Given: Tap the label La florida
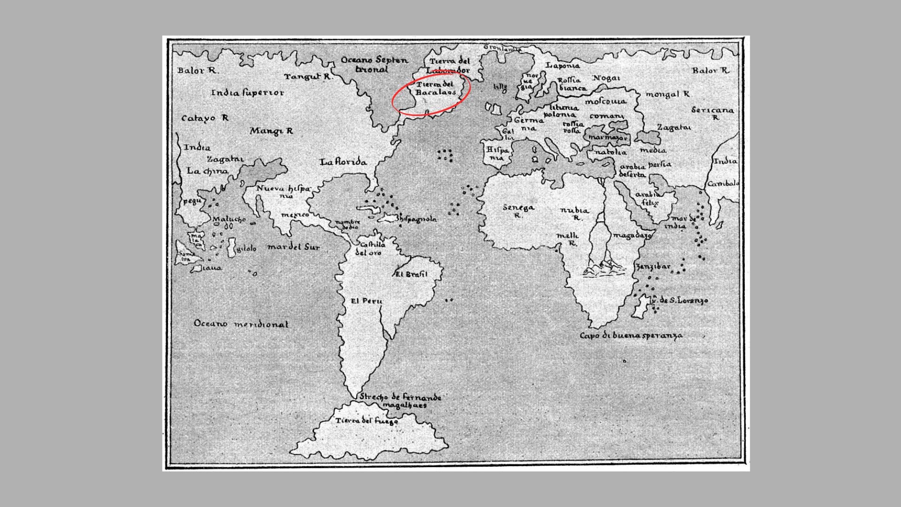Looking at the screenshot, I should click(343, 162).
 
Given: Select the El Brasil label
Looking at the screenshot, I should click(412, 274).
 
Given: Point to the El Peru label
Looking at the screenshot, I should click(367, 301).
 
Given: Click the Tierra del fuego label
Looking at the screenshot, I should click(367, 421).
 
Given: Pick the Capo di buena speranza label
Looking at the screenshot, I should click(631, 336).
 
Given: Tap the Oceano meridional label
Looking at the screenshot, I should click(241, 324).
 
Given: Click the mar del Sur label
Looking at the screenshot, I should click(293, 247).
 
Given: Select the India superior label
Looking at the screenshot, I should click(247, 93).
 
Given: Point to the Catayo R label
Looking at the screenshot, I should click(205, 118).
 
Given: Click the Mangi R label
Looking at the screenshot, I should click(271, 131).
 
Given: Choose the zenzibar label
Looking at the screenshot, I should click(653, 267).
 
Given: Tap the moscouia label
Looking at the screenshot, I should click(605, 101).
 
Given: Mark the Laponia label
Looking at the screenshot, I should click(563, 66).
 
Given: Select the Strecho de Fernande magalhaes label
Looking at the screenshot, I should click(401, 401).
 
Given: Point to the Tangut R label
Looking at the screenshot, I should click(308, 77).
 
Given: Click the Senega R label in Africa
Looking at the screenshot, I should click(518, 211).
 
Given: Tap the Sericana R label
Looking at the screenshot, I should click(712, 113).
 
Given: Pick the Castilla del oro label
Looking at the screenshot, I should click(370, 248).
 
